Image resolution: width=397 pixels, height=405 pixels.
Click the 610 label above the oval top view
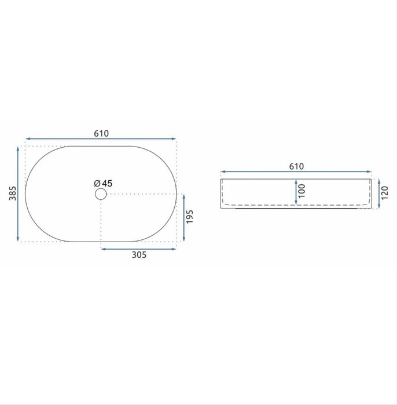click(101, 133)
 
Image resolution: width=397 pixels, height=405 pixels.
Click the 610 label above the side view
click(296, 166)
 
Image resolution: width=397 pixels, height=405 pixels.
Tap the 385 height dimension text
click(13, 193)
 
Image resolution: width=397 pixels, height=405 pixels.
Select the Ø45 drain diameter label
click(103, 184)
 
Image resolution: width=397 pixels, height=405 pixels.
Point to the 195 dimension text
click(190, 217)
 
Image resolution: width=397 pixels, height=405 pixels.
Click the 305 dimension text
click(139, 255)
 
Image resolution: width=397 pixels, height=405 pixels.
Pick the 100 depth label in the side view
click(302, 191)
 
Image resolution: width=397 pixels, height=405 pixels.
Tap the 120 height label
click(384, 193)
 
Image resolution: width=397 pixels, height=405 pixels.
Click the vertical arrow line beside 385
click(18, 194)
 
